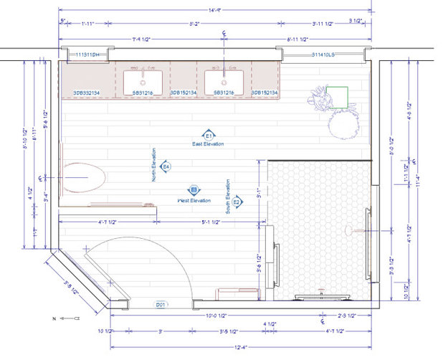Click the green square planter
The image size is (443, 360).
338,96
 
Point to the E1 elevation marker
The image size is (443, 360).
209,136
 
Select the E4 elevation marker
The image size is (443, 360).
166,166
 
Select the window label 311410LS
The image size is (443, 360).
326,55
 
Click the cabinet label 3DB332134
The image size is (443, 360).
87,93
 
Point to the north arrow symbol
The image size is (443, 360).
70,316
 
